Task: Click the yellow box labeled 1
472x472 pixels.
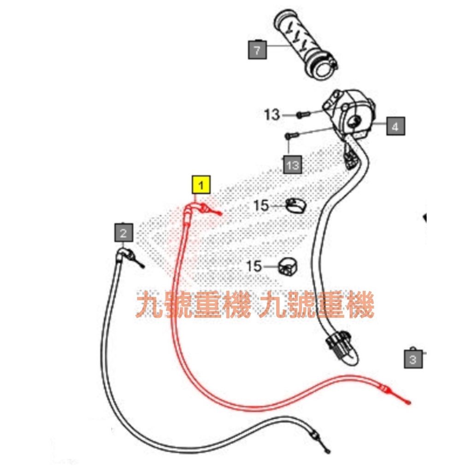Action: pyautogui.click(x=201, y=184)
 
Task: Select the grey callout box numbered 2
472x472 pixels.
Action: pyautogui.click(x=124, y=232)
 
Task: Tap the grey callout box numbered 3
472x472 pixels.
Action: pyautogui.click(x=413, y=358)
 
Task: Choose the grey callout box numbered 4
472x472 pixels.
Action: pyautogui.click(x=395, y=126)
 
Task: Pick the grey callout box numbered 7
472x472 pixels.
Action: pyautogui.click(x=257, y=50)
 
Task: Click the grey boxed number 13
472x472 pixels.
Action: pyautogui.click(x=293, y=165)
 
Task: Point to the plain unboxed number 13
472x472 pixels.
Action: pyautogui.click(x=272, y=115)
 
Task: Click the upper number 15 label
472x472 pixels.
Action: pyautogui.click(x=261, y=206)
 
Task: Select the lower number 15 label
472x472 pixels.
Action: pyautogui.click(x=254, y=266)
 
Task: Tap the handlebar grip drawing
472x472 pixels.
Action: pyautogui.click(x=306, y=45)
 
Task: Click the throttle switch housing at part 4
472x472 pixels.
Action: pyautogui.click(x=349, y=113)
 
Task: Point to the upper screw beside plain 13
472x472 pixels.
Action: pyautogui.click(x=303, y=115)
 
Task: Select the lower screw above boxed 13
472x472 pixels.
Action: pyautogui.click(x=292, y=136)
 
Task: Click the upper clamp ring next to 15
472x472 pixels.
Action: pyautogui.click(x=295, y=206)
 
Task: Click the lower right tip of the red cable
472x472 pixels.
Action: pyautogui.click(x=409, y=403)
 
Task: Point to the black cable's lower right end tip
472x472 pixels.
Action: pyautogui.click(x=328, y=452)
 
